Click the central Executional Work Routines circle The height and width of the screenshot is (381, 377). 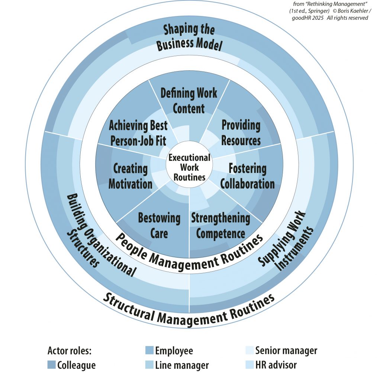click(x=189, y=167)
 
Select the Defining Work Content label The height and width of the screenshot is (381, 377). click(x=189, y=100)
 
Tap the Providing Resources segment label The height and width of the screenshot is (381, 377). click(x=241, y=133)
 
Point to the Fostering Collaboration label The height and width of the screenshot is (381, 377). click(x=247, y=176)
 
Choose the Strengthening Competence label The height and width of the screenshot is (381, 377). click(x=220, y=225)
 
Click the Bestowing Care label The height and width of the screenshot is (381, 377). click(x=159, y=225)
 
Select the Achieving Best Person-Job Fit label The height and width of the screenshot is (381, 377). click(x=138, y=133)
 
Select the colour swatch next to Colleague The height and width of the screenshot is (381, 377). click(x=52, y=365)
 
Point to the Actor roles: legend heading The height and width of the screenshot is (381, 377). click(x=70, y=350)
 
